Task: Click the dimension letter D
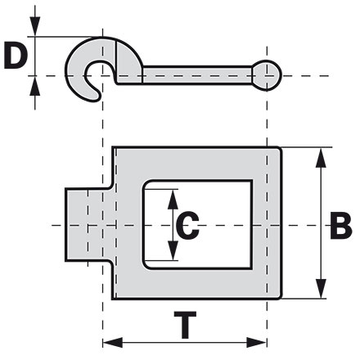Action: (16, 56)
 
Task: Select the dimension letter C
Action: (187, 226)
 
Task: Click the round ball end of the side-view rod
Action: (267, 74)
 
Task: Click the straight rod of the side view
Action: (196, 76)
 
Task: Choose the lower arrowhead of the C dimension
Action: (173, 254)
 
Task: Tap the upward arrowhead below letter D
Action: (34, 83)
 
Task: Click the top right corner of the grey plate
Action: (281, 149)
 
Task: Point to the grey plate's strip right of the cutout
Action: (267, 225)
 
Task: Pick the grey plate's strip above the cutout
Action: (196, 164)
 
